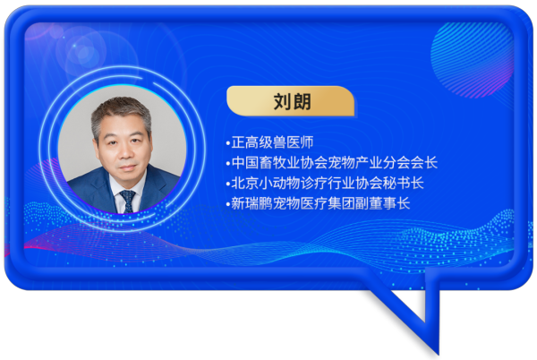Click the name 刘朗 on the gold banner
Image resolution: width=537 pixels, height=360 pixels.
tap(292, 102)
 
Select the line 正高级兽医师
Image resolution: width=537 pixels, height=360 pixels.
tap(272, 142)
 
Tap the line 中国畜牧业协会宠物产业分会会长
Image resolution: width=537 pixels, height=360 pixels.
tap(335, 163)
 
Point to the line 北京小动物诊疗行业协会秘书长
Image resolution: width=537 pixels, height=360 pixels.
tap(328, 184)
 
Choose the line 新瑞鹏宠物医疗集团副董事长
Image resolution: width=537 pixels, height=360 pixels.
tap(320, 203)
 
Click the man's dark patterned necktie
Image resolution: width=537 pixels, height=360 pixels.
tap(127, 201)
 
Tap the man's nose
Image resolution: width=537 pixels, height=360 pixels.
tap(125, 153)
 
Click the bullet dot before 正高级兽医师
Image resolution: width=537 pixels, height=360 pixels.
tap(228, 144)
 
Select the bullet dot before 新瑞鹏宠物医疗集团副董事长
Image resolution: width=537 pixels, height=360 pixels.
tap(228, 205)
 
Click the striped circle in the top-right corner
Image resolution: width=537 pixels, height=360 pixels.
tap(472, 59)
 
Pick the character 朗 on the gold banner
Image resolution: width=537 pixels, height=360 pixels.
tap(303, 102)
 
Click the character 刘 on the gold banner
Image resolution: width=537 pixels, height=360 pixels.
tap(283, 102)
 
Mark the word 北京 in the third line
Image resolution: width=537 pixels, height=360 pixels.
tap(245, 184)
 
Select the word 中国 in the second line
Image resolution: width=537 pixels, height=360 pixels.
tap(245, 163)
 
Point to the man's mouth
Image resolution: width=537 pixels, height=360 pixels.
tap(127, 168)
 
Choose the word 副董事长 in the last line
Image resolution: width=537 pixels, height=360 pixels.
tap(383, 203)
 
